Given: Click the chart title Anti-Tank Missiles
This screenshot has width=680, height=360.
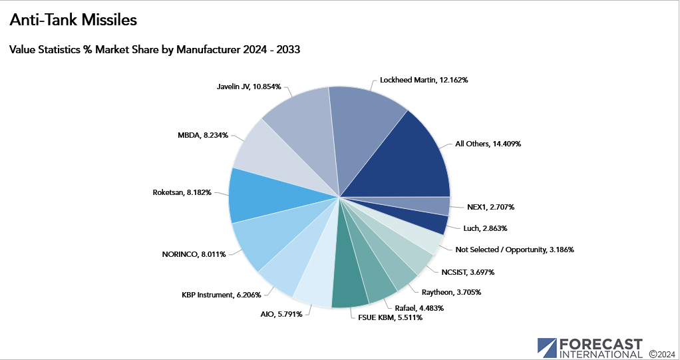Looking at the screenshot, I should (x=73, y=21).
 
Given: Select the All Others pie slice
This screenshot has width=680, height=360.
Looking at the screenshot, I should (x=406, y=160).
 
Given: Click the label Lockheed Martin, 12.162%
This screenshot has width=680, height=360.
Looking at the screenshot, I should (x=424, y=80).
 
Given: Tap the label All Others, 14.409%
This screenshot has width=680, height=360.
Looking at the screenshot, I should (x=488, y=143).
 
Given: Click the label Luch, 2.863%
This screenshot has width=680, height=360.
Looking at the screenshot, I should (x=485, y=228).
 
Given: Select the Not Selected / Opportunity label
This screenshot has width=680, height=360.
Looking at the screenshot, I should (x=514, y=250).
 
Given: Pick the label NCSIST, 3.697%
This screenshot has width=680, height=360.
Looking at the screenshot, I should (x=468, y=272).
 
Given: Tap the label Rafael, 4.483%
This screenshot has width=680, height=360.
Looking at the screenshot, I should (x=419, y=307).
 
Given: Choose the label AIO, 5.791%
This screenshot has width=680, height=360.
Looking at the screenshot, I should (x=282, y=313).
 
